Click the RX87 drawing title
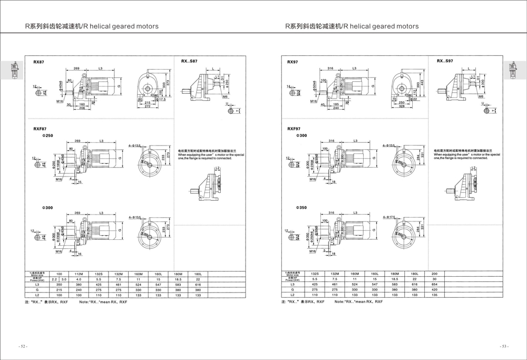click(x=38, y=62)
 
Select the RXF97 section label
click(x=294, y=129)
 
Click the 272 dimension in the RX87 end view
click(x=148, y=106)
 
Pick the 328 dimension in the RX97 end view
click(x=403, y=106)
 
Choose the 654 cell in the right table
click(x=434, y=285)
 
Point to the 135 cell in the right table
click(x=434, y=295)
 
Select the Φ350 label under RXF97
click(x=301, y=208)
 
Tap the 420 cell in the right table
click(x=434, y=290)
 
